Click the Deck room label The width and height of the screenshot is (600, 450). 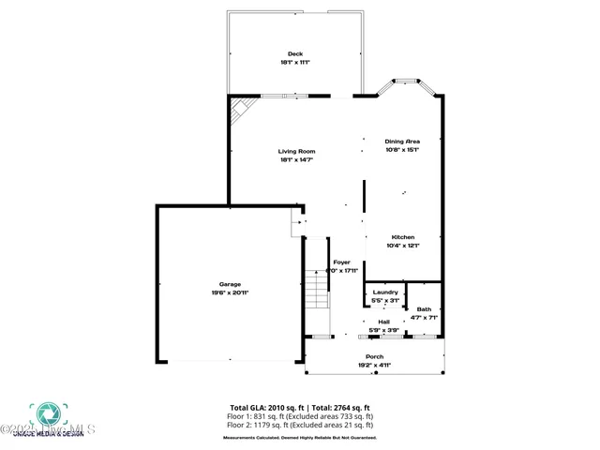295,52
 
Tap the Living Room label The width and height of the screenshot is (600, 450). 296,151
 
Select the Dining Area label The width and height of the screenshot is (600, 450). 402,141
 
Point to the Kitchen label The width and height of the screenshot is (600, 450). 402,237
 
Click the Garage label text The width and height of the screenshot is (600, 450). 230,284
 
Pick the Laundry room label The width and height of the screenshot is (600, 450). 385,292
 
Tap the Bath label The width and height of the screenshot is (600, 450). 425,309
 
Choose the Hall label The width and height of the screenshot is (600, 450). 383,322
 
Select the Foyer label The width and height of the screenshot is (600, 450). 342,262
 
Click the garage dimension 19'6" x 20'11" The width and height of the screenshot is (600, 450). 230,292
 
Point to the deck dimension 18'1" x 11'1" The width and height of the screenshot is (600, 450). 295,62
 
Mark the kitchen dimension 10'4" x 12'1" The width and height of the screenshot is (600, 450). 402,246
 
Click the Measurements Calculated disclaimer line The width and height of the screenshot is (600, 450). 300,437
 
